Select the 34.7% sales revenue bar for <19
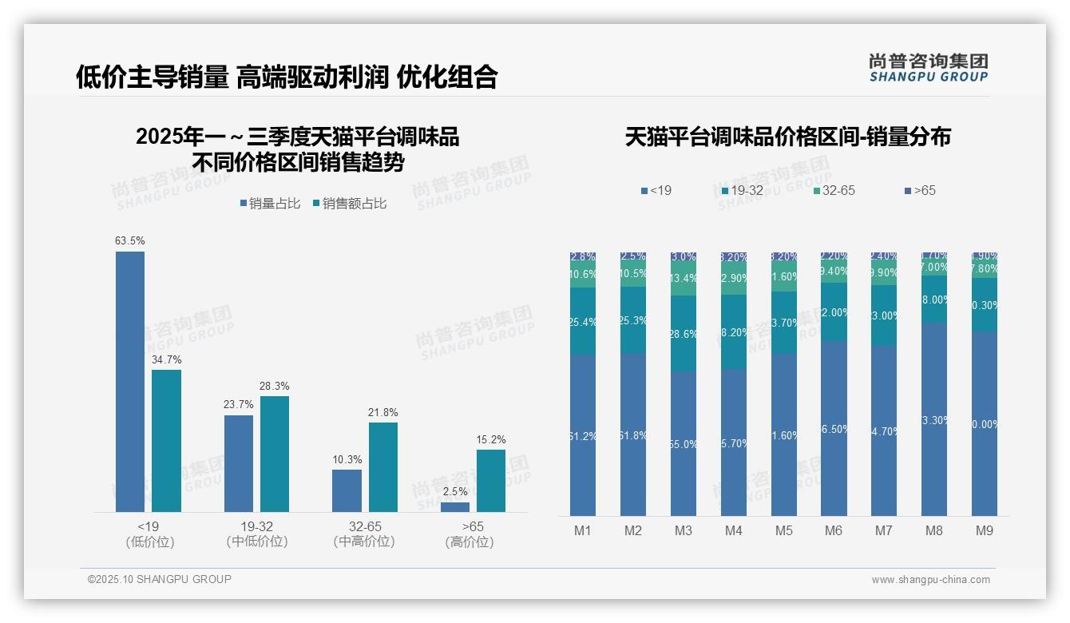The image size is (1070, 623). pos(166,441)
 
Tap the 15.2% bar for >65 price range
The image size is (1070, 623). pos(490,481)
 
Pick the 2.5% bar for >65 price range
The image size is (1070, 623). pos(455,506)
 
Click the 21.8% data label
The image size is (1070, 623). pos(382,412)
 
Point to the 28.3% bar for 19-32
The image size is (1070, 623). pos(275,454)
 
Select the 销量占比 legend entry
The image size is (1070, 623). pos(271,204)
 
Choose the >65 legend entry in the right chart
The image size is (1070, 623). pos(920,190)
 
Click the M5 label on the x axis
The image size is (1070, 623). pos(783,531)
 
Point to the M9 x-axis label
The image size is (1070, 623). pos(985,531)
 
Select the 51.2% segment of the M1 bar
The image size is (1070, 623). pos(583,435)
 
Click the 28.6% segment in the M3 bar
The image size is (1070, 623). pos(684,334)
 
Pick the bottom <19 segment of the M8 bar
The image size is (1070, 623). pos(934,419)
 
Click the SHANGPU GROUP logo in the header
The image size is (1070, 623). pos(929,68)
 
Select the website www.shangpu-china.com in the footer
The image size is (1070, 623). pos(930,580)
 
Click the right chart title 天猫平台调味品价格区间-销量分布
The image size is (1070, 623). pos(787,137)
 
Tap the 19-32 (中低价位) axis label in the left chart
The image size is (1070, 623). pos(257,534)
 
